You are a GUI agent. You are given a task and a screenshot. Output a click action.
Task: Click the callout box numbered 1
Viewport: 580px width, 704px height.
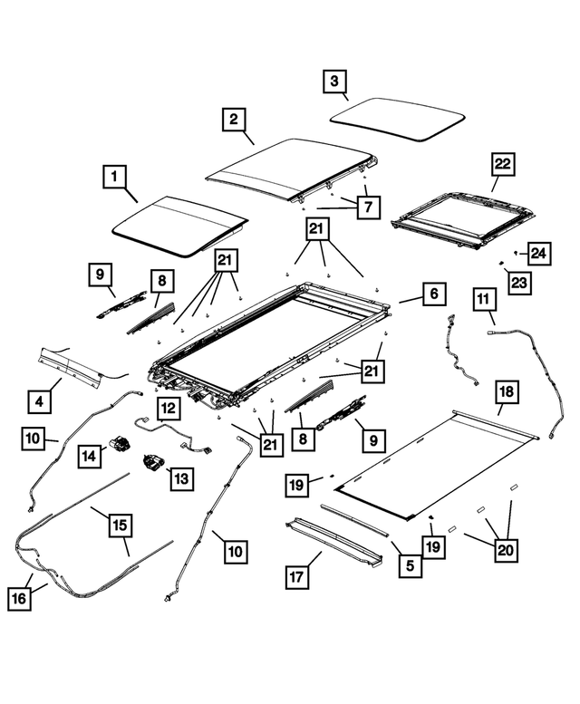(114, 177)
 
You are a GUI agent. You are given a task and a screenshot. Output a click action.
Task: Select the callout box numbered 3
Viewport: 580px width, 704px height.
(335, 82)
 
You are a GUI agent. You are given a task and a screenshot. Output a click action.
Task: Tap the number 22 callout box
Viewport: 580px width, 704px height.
(502, 165)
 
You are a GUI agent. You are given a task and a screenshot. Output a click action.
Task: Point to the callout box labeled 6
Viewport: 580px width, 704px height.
(433, 294)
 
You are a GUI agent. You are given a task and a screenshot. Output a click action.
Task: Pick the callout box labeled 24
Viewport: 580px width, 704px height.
(538, 253)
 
